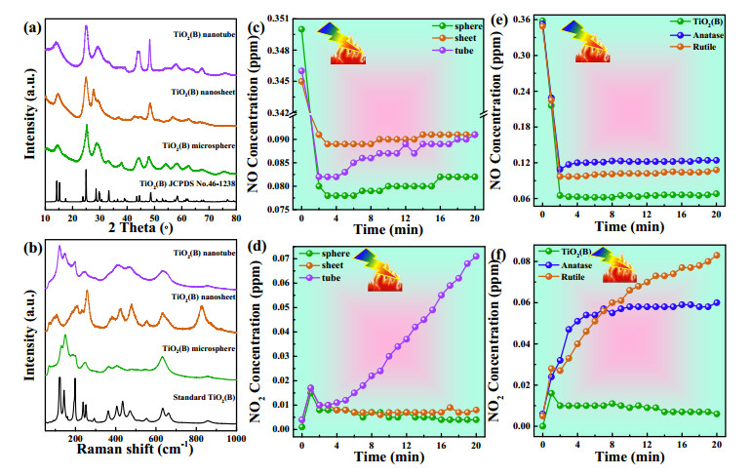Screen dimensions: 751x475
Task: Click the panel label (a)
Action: click(32, 27)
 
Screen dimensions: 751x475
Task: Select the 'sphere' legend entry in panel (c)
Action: click(456, 26)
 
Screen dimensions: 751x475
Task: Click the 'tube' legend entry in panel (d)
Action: click(320, 278)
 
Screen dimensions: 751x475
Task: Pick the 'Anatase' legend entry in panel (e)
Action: click(696, 35)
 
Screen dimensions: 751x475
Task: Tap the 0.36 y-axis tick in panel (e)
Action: click(521, 20)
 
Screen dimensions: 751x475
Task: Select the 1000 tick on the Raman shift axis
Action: click(236, 438)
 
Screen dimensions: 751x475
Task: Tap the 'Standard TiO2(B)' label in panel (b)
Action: click(204, 397)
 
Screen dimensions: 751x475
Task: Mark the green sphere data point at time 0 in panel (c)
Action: click(301, 29)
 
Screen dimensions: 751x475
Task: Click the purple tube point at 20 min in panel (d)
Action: click(476, 257)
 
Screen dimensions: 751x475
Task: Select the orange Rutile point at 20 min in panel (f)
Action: click(717, 256)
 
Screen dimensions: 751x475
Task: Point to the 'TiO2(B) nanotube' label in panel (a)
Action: click(205, 34)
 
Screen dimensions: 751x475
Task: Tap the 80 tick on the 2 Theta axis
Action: click(236, 218)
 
